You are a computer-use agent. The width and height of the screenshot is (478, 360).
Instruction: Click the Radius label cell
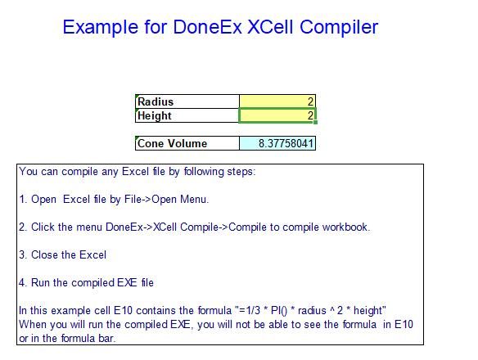[187, 101]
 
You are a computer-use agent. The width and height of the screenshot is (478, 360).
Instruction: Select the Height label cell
[187, 116]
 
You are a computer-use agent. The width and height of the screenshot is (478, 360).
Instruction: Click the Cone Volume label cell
[187, 143]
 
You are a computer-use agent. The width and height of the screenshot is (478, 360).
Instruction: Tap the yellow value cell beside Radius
[277, 101]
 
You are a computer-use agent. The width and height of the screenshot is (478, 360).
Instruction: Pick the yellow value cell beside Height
[277, 116]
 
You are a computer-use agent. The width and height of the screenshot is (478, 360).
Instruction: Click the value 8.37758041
[277, 143]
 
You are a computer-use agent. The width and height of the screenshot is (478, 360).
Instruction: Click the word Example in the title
[101, 27]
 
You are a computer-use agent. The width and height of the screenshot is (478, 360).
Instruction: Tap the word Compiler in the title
[340, 27]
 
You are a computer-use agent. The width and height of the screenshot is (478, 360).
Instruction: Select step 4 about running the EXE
[86, 283]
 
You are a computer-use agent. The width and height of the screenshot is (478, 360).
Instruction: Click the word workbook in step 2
[346, 227]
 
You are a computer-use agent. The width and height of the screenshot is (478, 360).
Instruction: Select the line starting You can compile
[137, 172]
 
